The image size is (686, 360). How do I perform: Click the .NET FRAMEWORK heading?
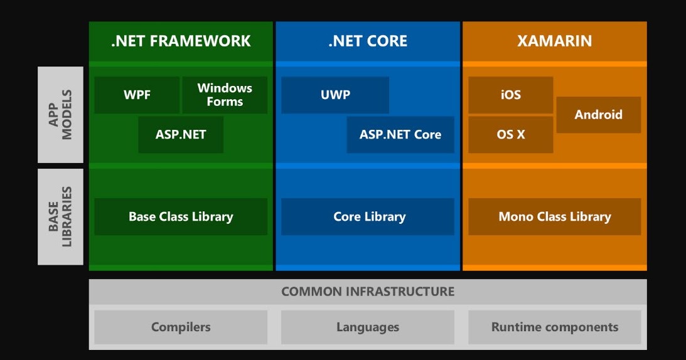pyautogui.click(x=181, y=41)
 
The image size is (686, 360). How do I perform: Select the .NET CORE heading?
pyautogui.click(x=368, y=41)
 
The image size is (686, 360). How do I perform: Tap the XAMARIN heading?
pyautogui.click(x=554, y=41)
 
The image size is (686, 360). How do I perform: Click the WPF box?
pyautogui.click(x=137, y=95)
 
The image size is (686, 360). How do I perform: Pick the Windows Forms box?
pyautogui.click(x=225, y=95)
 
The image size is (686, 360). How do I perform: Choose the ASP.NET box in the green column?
pyautogui.click(x=181, y=134)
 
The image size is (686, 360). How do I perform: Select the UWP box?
pyautogui.click(x=335, y=95)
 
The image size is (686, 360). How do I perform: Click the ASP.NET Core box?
pyautogui.click(x=400, y=134)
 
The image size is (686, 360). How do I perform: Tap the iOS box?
pyautogui.click(x=510, y=95)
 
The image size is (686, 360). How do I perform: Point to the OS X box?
pyautogui.click(x=510, y=134)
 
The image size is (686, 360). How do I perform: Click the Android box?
pyautogui.click(x=598, y=115)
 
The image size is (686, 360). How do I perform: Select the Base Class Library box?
pyautogui.click(x=181, y=217)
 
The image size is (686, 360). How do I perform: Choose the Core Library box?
pyautogui.click(x=368, y=217)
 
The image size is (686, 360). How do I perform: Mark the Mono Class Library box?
pyautogui.click(x=554, y=217)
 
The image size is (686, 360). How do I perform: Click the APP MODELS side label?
pyautogui.click(x=60, y=115)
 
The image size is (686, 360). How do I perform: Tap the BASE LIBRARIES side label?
pyautogui.click(x=60, y=216)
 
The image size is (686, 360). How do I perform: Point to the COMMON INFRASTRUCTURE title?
pyautogui.click(x=368, y=292)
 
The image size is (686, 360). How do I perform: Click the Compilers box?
pyautogui.click(x=181, y=327)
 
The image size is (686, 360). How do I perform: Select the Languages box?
pyautogui.click(x=368, y=327)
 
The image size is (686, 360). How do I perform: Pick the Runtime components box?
pyautogui.click(x=554, y=327)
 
